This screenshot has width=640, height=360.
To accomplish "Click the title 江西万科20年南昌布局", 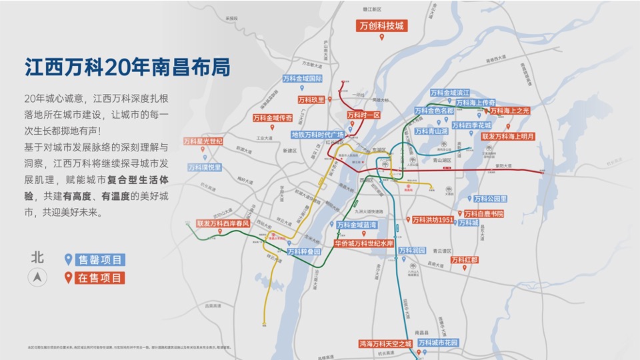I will (x=127, y=68).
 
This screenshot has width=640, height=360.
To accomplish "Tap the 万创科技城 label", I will (x=382, y=26).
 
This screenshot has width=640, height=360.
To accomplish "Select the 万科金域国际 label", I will (x=301, y=78).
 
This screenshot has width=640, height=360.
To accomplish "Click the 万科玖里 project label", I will (x=311, y=99).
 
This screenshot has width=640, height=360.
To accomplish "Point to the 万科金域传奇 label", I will (x=272, y=117).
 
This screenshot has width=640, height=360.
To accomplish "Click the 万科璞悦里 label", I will (x=205, y=167).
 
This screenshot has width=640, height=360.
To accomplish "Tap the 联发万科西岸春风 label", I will (x=223, y=224).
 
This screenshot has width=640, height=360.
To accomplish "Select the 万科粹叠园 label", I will (x=304, y=252).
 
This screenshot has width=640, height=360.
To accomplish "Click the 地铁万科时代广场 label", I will (x=317, y=134).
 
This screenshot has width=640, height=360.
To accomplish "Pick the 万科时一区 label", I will (x=363, y=115).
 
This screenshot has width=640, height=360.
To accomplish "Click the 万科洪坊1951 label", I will (x=433, y=219).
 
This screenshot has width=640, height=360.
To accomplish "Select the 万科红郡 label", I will (x=464, y=259).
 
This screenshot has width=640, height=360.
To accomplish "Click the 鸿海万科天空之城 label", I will (x=385, y=343).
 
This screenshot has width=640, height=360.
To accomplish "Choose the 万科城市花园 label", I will (x=438, y=342).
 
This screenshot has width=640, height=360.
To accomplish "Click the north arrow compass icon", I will (x=38, y=277).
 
